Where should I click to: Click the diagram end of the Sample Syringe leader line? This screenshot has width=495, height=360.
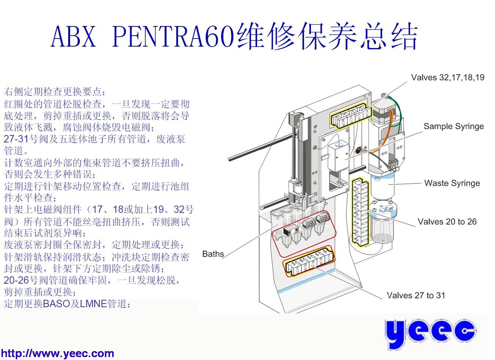[345, 159]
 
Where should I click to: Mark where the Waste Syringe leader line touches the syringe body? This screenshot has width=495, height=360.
[389, 185]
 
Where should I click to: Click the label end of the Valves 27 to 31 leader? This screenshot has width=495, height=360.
[382, 299]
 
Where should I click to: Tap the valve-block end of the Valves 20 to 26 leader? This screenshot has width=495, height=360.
[366, 210]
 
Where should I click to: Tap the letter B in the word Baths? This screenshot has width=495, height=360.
[205, 254]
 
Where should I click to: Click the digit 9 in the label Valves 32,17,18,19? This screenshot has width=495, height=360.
[482, 77]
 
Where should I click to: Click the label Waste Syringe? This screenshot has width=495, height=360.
[452, 183]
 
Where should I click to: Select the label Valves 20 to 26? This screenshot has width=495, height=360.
[447, 222]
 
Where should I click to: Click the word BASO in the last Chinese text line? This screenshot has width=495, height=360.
[56, 303]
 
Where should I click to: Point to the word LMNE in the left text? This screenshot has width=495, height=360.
[93, 303]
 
